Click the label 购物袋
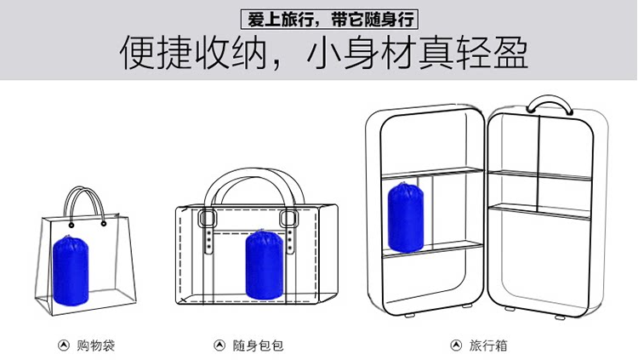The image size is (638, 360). (95, 346)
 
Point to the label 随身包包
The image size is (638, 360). (258, 346)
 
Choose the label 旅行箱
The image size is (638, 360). (489, 346)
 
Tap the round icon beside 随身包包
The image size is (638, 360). (218, 346)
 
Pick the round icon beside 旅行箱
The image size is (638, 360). (455, 346)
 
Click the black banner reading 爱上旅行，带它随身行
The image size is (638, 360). (318, 18)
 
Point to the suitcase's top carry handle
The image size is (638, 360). (549, 105)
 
